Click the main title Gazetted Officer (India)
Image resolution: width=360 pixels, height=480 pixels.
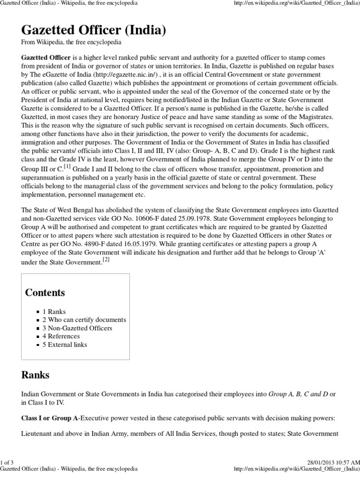(94, 31)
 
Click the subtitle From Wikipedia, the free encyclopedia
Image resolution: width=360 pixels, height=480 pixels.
(72, 43)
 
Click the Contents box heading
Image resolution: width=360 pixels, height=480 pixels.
(45, 293)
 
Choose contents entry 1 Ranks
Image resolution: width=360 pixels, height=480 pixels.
(54, 311)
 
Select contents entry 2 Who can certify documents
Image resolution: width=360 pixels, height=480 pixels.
(84, 320)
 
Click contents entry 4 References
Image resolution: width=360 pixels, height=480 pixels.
(61, 336)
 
